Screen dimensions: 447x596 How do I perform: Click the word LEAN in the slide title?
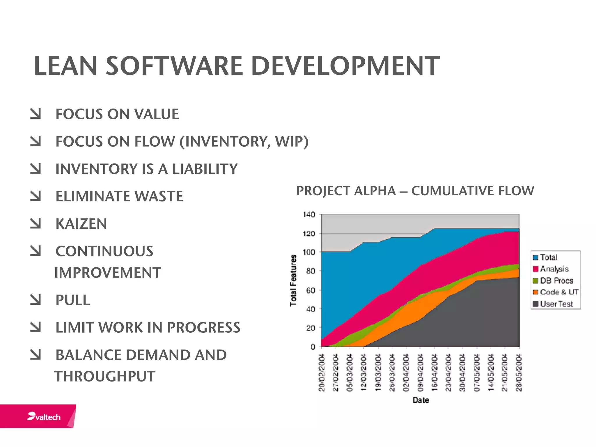point(65,66)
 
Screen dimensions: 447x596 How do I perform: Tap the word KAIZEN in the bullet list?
point(81,224)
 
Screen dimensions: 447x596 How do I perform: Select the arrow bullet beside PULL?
point(36,300)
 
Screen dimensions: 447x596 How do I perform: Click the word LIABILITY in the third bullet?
point(205,169)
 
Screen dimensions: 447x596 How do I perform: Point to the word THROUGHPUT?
point(105,376)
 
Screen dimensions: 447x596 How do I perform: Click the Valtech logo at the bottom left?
point(44,417)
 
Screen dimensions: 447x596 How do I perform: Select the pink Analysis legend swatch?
point(535,269)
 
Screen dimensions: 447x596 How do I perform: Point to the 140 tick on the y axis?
point(309,215)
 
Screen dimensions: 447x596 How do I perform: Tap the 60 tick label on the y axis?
point(311,290)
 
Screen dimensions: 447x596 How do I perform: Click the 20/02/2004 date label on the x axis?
point(322,372)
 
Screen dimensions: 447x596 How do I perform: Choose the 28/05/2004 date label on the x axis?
point(519,372)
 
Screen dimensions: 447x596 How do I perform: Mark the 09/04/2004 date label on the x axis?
point(420,372)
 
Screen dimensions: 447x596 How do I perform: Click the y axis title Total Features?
point(293,280)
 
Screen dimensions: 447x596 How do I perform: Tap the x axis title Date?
point(421,400)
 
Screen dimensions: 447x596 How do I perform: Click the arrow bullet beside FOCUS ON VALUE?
point(36,114)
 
